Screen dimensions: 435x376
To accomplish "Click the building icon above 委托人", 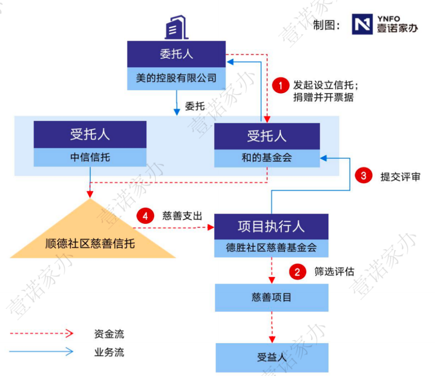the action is tap(176, 27).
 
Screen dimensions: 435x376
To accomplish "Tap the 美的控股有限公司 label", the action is tap(176, 78).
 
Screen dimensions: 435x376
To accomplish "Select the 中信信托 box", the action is tap(90, 157).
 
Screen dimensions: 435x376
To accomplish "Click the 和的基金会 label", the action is tap(267, 158).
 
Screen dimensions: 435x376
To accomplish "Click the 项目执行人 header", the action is tap(271, 227).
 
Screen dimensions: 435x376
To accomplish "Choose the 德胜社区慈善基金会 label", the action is tap(271, 247).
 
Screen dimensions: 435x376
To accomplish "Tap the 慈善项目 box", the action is tap(271, 297).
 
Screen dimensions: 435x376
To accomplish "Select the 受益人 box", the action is tap(272, 357).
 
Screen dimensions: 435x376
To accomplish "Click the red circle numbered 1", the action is tap(281, 85).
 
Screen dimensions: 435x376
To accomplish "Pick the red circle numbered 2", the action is tap(297, 272).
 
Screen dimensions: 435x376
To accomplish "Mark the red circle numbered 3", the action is tap(363, 175).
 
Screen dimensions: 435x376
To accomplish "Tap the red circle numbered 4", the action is tap(145, 216).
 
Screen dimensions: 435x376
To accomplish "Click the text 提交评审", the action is tap(400, 177).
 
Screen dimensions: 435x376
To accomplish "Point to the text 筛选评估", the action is tap(334, 271).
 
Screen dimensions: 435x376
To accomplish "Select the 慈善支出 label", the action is tap(182, 216).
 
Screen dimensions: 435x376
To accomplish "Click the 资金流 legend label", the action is tap(109, 334).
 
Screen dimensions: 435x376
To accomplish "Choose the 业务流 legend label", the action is tap(109, 352).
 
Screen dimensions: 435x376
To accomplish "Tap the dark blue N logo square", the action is tap(362, 24).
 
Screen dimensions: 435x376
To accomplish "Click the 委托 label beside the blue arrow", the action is tap(195, 106).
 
